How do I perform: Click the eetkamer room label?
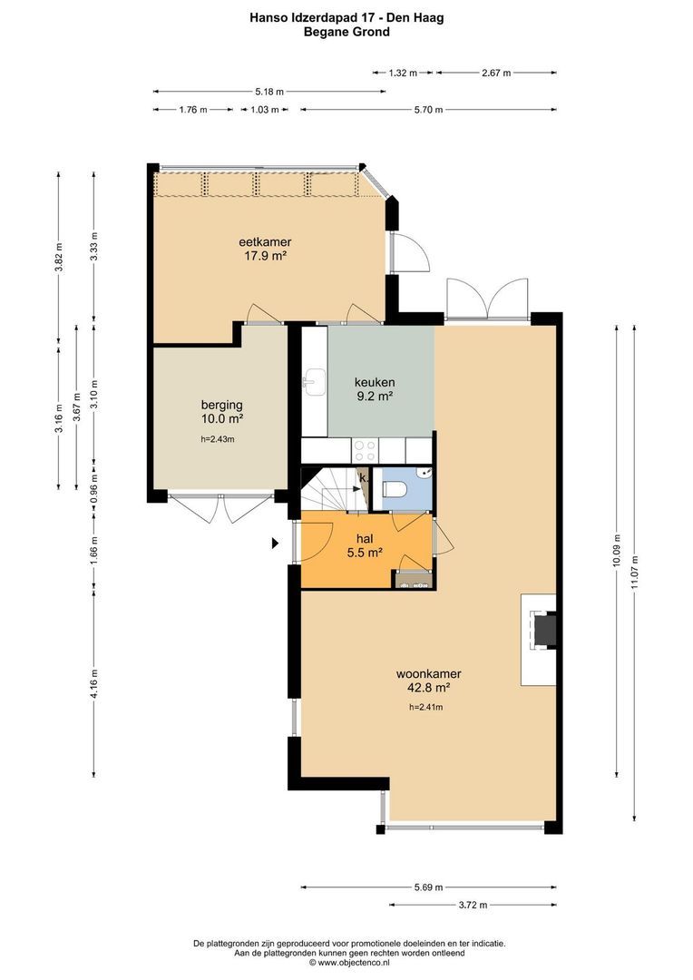[265, 242]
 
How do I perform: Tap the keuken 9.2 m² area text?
[375, 396]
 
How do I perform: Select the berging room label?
[222, 405]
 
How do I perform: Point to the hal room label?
[365, 539]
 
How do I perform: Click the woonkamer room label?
[429, 673]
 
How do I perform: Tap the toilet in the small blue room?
[395, 488]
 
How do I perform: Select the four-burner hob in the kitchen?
[365, 450]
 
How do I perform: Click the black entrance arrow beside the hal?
[274, 544]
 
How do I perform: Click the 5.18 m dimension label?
[269, 92]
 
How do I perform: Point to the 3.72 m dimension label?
[473, 905]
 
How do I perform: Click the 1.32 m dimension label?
[403, 73]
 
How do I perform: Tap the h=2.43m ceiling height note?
[218, 439]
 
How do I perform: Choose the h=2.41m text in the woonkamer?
[426, 707]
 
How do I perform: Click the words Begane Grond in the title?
[346, 32]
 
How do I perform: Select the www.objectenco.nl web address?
[354, 963]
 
